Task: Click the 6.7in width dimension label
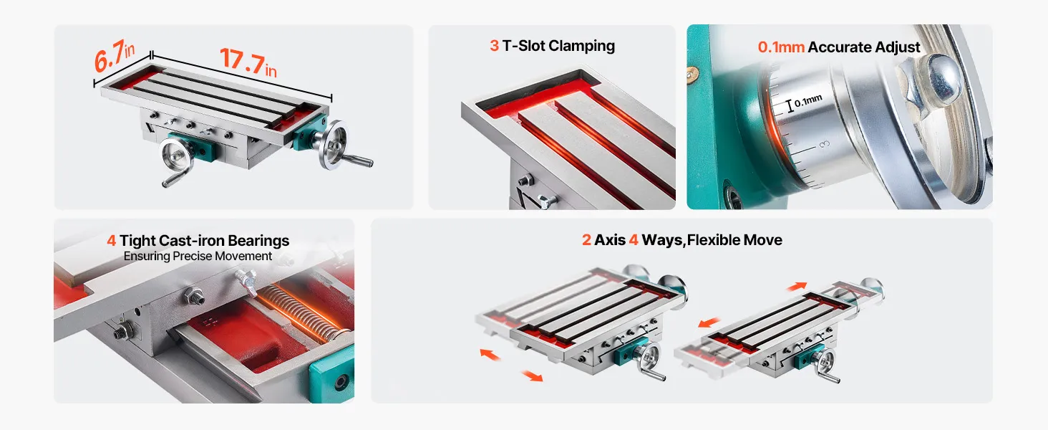[x=114, y=56]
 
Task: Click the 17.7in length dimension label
[x=248, y=62]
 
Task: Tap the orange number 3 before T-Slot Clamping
[x=494, y=46]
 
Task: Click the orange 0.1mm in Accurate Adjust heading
[x=781, y=47]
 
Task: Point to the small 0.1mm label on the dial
[x=808, y=101]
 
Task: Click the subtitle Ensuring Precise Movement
[x=198, y=257]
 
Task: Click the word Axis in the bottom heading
[x=610, y=240]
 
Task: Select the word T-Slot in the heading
[x=523, y=46]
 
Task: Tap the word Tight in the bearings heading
[x=137, y=242]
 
